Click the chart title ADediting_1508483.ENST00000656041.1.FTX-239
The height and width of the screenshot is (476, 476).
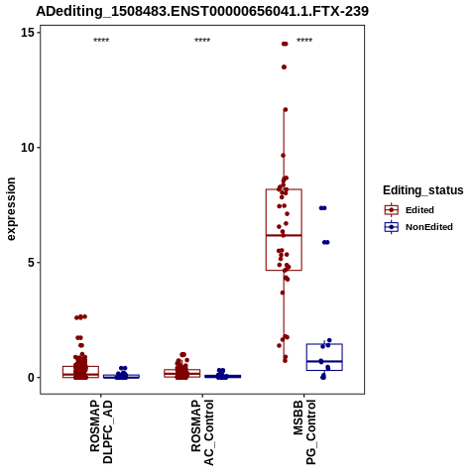tap(202, 11)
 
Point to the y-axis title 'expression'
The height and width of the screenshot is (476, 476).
tap(11, 209)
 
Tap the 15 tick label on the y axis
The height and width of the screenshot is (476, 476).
tap(28, 33)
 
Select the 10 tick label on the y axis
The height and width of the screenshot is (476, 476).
tap(28, 148)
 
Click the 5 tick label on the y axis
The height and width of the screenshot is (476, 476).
tap(32, 263)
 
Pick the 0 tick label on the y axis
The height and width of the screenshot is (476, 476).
tap(32, 378)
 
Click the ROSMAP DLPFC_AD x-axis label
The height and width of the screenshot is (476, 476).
tap(101, 431)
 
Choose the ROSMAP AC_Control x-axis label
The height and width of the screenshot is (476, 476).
tap(202, 432)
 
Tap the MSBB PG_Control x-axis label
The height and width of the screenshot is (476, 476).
tap(304, 431)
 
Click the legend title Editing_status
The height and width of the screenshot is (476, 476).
tap(423, 190)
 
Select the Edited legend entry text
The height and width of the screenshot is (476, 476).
tap(419, 210)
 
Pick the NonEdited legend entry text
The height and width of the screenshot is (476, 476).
tap(429, 227)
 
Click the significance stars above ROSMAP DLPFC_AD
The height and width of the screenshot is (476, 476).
tap(101, 41)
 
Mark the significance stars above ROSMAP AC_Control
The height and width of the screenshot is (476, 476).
tap(202, 41)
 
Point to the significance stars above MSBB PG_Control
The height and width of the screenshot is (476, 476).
tap(304, 41)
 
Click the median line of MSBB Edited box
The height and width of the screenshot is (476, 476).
tap(284, 235)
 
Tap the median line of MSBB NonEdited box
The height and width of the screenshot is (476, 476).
tap(324, 361)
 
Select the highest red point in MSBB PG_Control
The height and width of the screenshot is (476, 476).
tap(285, 44)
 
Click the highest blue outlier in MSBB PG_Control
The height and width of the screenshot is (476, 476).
tap(322, 208)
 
